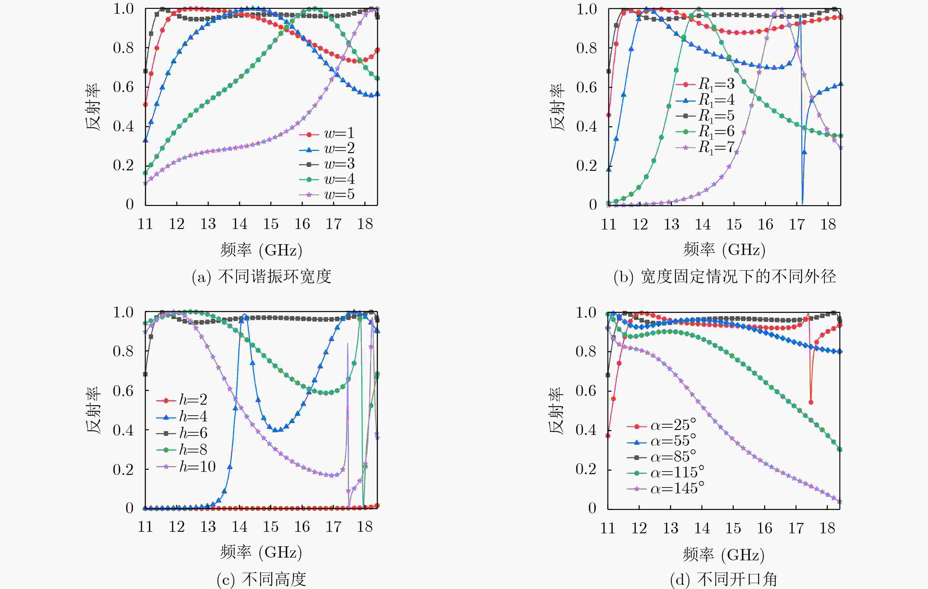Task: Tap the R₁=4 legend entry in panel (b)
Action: (705, 100)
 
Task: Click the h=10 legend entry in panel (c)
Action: (187, 467)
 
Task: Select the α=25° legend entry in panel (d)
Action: (662, 426)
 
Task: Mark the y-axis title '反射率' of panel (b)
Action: (557, 107)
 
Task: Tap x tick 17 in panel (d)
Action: (796, 528)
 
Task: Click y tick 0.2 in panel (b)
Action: (586, 166)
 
